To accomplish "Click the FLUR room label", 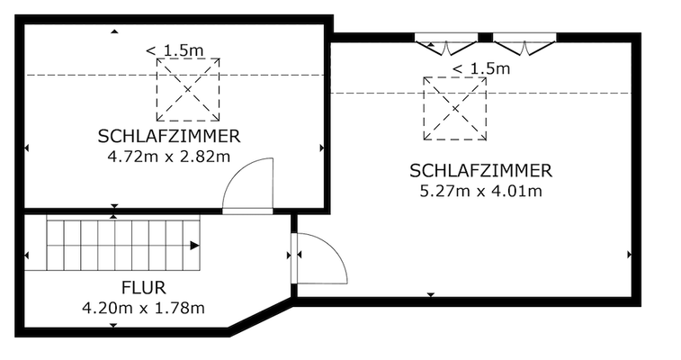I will [143, 289].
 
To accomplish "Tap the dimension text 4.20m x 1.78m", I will [143, 308].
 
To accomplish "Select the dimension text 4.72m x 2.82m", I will [169, 156].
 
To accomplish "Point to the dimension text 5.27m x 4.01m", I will [480, 190].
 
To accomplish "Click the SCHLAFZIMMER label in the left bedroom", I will [169, 137].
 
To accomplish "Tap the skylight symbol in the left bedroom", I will [188, 90].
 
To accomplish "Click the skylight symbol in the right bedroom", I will [454, 108].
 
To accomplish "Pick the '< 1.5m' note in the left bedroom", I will [175, 51].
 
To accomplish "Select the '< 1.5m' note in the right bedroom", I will [480, 68].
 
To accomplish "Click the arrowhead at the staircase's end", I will [195, 245].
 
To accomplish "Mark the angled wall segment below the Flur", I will [260, 319].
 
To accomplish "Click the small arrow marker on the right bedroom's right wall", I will [629, 255].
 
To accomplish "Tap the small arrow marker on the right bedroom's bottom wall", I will [431, 294].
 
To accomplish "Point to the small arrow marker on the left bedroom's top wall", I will [114, 31].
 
